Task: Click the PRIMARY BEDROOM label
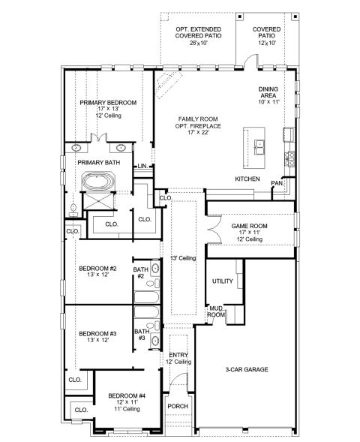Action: tap(108, 103)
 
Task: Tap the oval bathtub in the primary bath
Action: tap(98, 181)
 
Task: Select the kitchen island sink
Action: tap(259, 147)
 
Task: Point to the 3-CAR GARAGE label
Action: tap(247, 369)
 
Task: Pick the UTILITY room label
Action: tap(223, 281)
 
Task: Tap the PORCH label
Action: tap(178, 406)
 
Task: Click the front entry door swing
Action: tap(180, 379)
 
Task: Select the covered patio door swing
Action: tap(250, 60)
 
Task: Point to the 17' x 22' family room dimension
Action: tap(198, 133)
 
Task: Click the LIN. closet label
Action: tap(143, 166)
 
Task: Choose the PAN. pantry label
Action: tap(277, 183)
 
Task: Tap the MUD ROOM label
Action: tap(216, 311)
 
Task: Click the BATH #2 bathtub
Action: tap(146, 297)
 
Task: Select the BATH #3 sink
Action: tap(155, 341)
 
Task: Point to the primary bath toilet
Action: tap(73, 210)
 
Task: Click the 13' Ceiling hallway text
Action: tap(183, 258)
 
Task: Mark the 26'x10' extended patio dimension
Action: tap(199, 43)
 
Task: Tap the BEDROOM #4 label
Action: tap(127, 395)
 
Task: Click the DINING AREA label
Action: tap(268, 92)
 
